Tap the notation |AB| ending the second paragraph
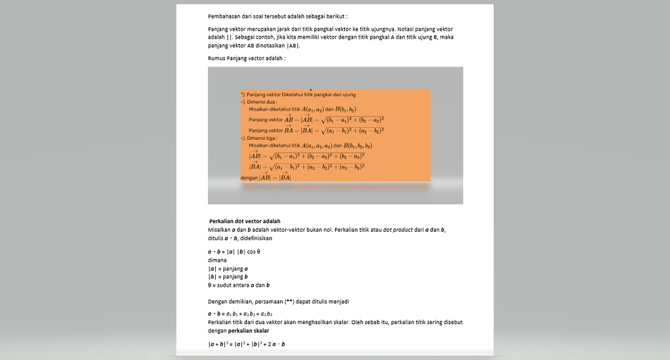pos(292,46)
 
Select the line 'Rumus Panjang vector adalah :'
pos(247,58)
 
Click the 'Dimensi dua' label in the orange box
pos(260,102)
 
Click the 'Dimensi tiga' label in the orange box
pos(260,138)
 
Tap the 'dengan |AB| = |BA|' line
pos(266,177)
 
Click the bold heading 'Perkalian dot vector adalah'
pos(245,221)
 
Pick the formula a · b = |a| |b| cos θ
pos(234,252)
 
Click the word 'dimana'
pos(217,260)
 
